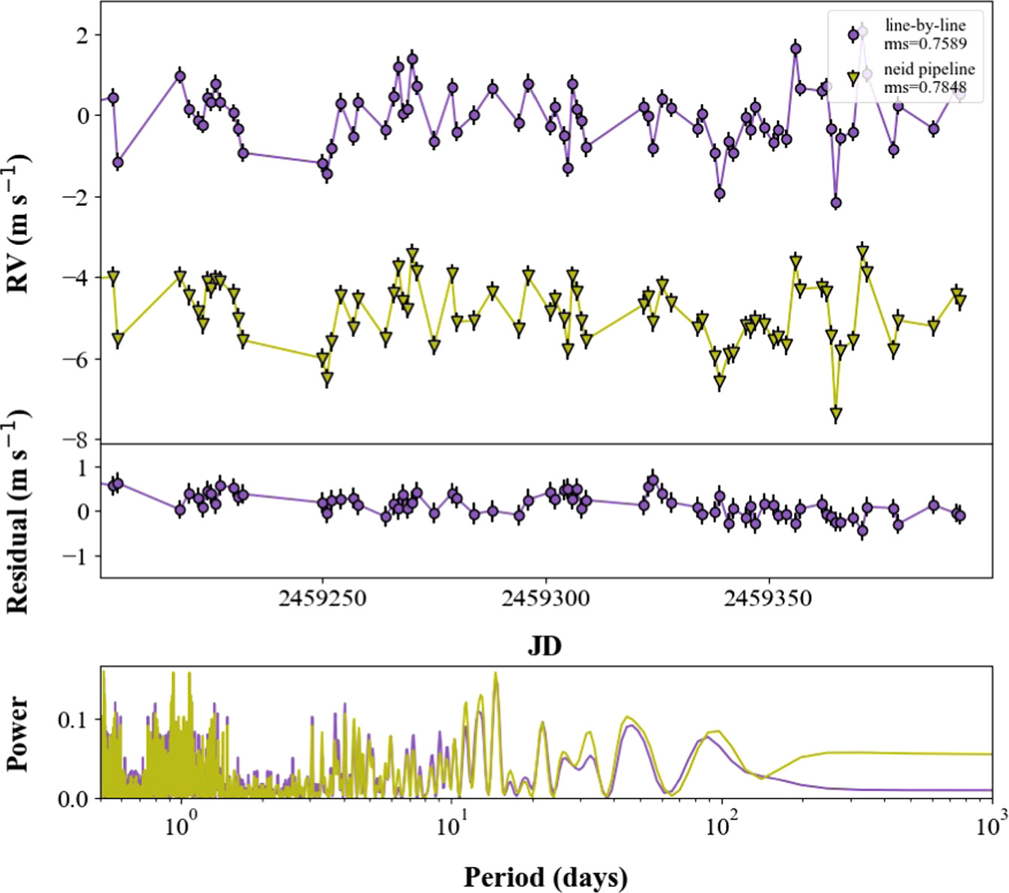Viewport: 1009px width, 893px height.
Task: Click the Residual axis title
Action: pyautogui.click(x=18, y=512)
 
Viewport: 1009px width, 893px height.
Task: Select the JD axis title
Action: pyautogui.click(x=545, y=645)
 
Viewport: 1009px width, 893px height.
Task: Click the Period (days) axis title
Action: pyautogui.click(x=545, y=877)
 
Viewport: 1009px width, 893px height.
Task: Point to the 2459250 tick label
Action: pyautogui.click(x=322, y=599)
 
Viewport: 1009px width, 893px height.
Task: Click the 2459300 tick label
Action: pyautogui.click(x=545, y=599)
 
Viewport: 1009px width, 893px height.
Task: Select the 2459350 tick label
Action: pyautogui.click(x=769, y=599)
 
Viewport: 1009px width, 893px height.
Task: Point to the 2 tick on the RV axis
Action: pyautogui.click(x=82, y=35)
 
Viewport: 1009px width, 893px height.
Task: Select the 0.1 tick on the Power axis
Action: pyautogui.click(x=73, y=720)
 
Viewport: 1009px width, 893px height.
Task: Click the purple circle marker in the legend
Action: pyautogui.click(x=853, y=34)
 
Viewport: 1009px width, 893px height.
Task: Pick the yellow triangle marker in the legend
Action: pyautogui.click(x=853, y=77)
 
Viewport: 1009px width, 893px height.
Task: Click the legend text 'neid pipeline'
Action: pyautogui.click(x=929, y=70)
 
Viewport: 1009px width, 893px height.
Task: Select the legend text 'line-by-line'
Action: pyautogui.click(x=925, y=25)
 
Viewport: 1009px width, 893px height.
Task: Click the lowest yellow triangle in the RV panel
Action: pyautogui.click(x=836, y=414)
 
